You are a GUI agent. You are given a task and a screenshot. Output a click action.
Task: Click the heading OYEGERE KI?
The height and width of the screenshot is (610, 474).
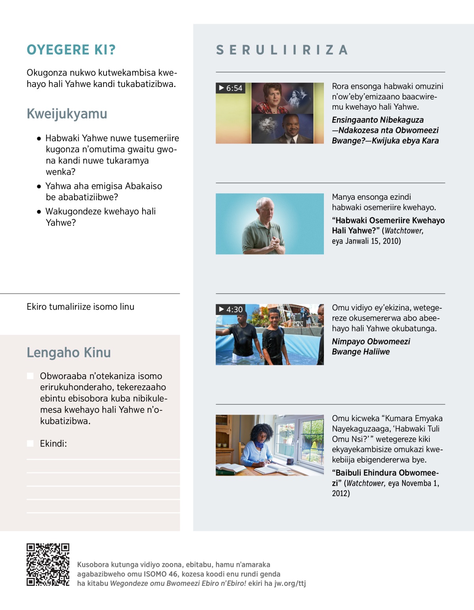[71, 50]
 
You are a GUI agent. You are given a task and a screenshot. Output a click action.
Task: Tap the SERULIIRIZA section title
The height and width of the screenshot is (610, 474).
[282, 50]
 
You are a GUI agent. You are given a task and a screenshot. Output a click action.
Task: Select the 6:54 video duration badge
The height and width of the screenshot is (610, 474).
[231, 88]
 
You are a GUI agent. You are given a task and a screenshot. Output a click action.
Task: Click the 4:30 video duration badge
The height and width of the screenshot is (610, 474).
[231, 309]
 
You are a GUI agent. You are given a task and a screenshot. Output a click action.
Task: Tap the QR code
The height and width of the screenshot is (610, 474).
[48, 564]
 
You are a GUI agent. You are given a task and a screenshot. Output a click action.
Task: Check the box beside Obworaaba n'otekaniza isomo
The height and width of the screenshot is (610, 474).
[30, 376]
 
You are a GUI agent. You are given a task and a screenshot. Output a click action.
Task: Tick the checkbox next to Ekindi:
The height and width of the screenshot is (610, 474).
[30, 444]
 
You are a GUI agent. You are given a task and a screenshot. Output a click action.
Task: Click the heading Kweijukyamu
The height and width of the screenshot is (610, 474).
[67, 114]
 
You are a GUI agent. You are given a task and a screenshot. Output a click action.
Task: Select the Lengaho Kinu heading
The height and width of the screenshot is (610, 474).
[69, 353]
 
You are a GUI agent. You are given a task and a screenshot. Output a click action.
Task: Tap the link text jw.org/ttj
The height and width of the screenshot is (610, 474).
[290, 584]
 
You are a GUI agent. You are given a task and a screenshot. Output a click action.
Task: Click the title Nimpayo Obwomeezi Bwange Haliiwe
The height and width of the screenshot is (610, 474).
[371, 347]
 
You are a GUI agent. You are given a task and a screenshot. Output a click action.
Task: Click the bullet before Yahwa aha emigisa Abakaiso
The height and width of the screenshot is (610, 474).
[39, 186]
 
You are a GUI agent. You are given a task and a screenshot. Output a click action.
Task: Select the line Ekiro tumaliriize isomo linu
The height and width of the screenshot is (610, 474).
[81, 307]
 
